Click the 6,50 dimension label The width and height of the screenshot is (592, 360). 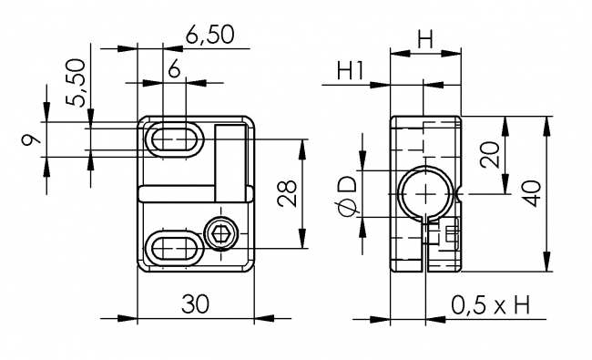tap(209, 35)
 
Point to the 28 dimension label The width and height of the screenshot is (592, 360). tap(289, 194)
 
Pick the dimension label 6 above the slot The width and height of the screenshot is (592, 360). tap(173, 67)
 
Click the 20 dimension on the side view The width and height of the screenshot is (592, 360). tap(493, 156)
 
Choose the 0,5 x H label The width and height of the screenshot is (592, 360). tap(490, 305)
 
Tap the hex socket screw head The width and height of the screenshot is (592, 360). tap(220, 236)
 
